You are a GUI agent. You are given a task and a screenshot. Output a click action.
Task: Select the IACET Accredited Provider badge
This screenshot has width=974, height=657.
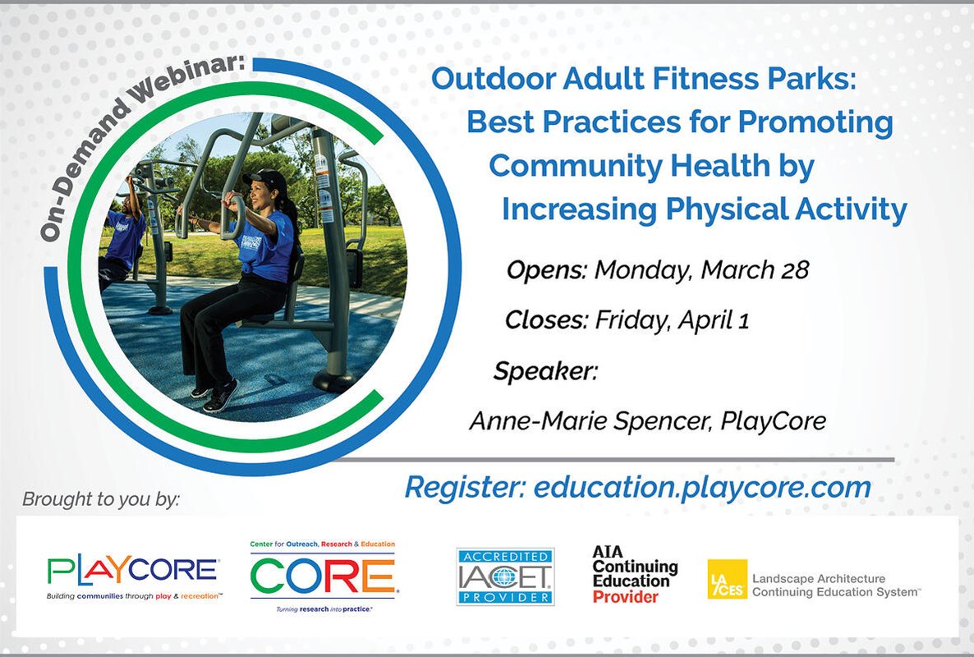(505, 576)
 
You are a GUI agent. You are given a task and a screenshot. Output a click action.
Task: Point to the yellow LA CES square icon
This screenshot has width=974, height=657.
(727, 579)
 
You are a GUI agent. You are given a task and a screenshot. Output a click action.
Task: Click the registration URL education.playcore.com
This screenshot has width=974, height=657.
(702, 487)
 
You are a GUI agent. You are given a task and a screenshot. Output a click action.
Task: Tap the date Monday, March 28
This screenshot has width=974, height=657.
(701, 270)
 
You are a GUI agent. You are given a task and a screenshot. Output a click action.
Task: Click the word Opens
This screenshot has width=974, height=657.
(546, 270)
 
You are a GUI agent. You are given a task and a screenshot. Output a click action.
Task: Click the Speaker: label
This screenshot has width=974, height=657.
(545, 371)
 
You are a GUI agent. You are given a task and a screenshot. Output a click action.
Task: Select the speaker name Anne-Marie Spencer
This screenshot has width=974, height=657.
(588, 421)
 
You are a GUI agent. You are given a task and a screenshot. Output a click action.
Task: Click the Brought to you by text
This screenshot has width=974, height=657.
(100, 498)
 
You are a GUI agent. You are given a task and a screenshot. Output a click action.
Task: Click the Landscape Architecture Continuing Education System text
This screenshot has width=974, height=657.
(836, 585)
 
